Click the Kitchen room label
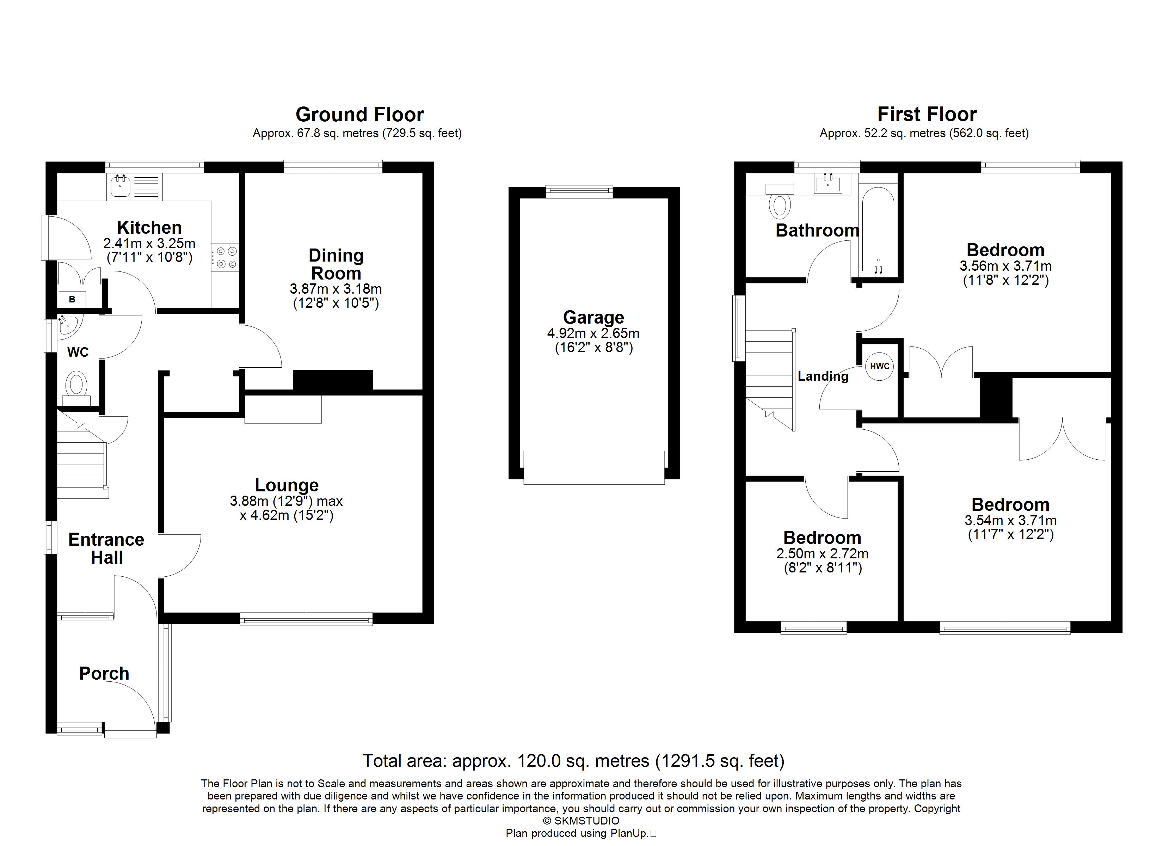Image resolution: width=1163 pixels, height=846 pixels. [x=149, y=227]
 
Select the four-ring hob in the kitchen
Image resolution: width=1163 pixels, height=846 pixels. [x=226, y=258]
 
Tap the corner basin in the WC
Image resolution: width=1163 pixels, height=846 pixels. [x=68, y=326]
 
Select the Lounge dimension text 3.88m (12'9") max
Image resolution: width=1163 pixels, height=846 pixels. [x=286, y=501]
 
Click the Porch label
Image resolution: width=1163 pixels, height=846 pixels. [x=104, y=673]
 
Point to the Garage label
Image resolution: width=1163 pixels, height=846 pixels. [x=593, y=318]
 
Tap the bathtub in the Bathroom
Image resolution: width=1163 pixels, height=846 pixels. [x=878, y=230]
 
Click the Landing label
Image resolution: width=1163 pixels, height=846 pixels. [x=823, y=376]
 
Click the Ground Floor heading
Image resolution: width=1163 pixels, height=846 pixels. [x=360, y=114]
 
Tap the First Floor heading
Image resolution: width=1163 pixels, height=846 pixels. [x=927, y=114]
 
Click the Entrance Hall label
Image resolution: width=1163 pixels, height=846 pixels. [x=107, y=548]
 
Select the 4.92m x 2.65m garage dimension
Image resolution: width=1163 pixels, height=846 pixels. [x=593, y=333]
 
